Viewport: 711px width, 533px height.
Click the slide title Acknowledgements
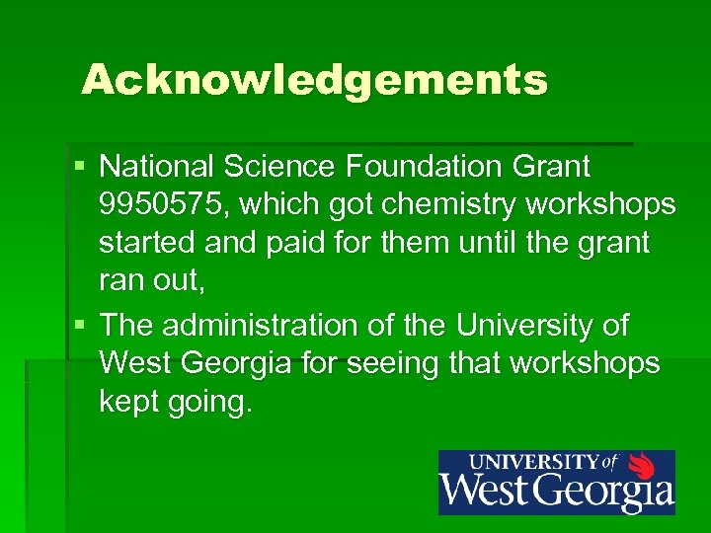tap(314, 80)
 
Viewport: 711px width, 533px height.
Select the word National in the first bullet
tap(161, 166)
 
